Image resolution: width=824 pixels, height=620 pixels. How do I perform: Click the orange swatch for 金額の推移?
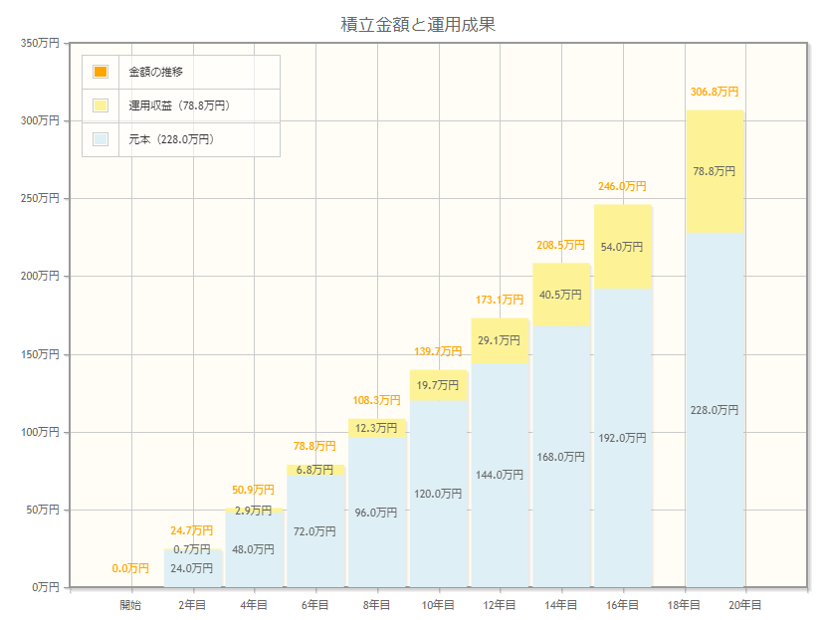(x=101, y=72)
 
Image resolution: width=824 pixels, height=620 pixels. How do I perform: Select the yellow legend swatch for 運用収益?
(x=101, y=105)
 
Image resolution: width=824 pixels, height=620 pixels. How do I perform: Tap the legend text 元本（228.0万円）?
(x=171, y=139)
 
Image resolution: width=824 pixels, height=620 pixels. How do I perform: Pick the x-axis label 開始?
(x=130, y=605)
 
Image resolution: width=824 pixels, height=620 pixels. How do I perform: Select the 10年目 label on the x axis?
(x=438, y=605)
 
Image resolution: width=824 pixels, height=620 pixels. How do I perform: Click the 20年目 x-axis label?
(x=745, y=605)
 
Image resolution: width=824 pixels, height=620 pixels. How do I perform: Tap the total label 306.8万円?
(x=715, y=92)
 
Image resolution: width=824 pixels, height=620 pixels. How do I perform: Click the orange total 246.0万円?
(x=622, y=186)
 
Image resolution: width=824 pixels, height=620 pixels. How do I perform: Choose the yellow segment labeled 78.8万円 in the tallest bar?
(x=715, y=171)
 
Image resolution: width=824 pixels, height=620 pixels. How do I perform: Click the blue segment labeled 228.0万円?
(x=715, y=409)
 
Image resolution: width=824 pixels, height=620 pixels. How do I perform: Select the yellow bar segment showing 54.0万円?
(x=622, y=247)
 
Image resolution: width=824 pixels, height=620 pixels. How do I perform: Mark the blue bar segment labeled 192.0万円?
(x=622, y=437)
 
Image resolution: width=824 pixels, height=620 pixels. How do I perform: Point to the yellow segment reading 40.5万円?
(x=561, y=295)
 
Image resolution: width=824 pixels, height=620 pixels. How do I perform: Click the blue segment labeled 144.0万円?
(x=500, y=475)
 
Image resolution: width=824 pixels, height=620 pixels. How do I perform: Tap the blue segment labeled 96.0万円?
(x=376, y=513)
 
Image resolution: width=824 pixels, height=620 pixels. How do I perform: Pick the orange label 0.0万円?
(x=130, y=568)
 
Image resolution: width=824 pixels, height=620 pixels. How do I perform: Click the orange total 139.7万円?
(x=438, y=351)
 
